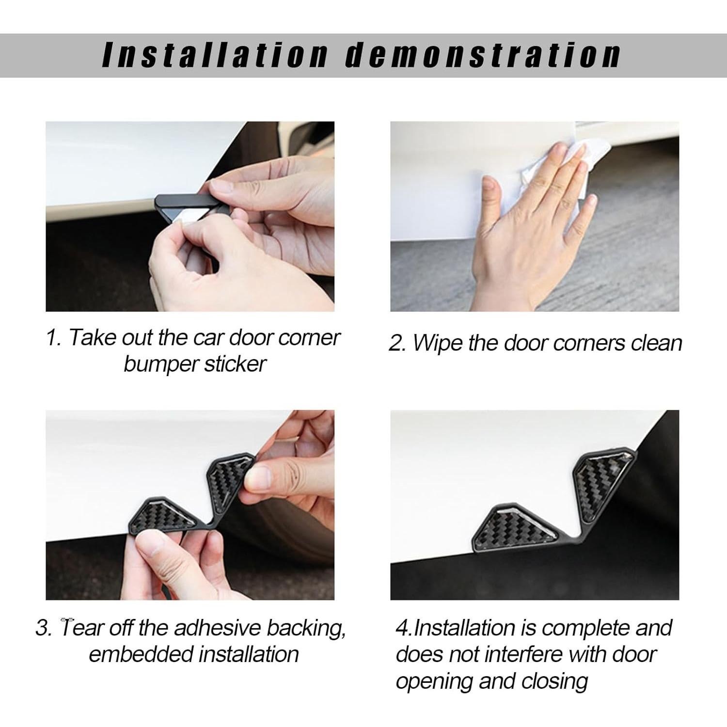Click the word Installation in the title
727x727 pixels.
point(216,54)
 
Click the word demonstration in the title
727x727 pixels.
point(483,54)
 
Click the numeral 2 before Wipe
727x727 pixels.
point(396,344)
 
